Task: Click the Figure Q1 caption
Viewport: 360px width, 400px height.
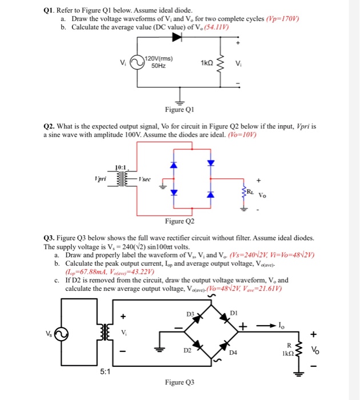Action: coord(180,110)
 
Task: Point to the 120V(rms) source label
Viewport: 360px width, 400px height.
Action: coord(160,59)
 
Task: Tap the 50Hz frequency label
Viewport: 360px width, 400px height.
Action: coord(158,66)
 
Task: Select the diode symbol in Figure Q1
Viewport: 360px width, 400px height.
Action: coord(177,37)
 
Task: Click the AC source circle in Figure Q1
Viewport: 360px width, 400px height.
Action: coord(137,62)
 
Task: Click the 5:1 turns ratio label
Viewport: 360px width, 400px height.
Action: coord(106,370)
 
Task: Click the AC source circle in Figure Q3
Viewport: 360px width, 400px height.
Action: coord(63,333)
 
